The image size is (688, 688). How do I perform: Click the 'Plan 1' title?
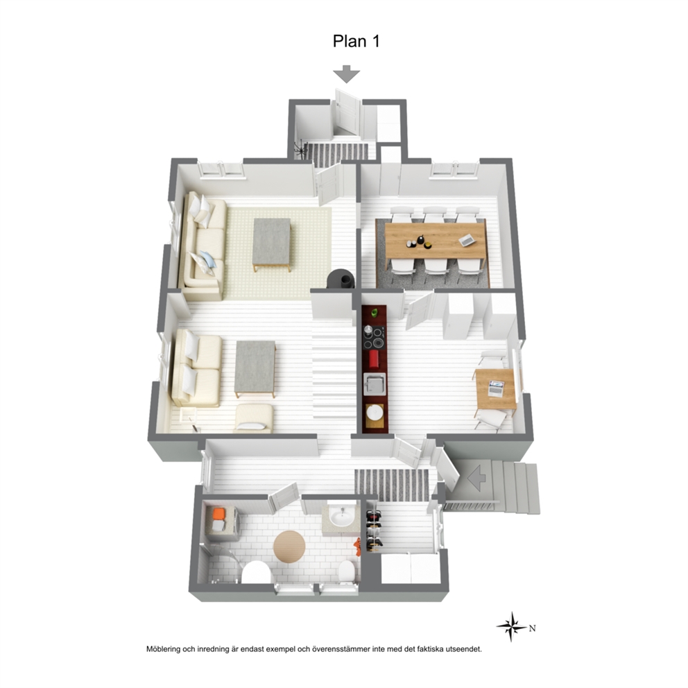pos(356,41)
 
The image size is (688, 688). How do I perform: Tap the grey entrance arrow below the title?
pos(347,74)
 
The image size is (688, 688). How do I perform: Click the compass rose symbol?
pos(512,626)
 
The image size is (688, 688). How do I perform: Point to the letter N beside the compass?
pos(532,628)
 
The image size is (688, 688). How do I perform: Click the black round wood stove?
pos(340,279)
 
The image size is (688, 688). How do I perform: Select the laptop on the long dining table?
pos(467,239)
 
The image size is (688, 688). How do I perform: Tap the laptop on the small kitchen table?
pos(497,388)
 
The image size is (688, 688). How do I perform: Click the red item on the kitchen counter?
pos(374,359)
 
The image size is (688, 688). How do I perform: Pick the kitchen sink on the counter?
pos(375,384)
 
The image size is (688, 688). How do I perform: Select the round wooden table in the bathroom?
pos(289,547)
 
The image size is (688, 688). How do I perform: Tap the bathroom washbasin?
pos(342,517)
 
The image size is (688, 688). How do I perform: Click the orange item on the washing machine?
pos(218,513)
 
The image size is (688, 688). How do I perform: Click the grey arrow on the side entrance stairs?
pos(476,478)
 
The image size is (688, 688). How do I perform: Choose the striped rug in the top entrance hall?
pos(336,155)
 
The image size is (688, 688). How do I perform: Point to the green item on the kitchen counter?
pos(375,313)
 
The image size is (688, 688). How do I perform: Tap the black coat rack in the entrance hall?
pos(300,150)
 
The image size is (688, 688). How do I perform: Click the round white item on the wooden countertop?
pos(375,413)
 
